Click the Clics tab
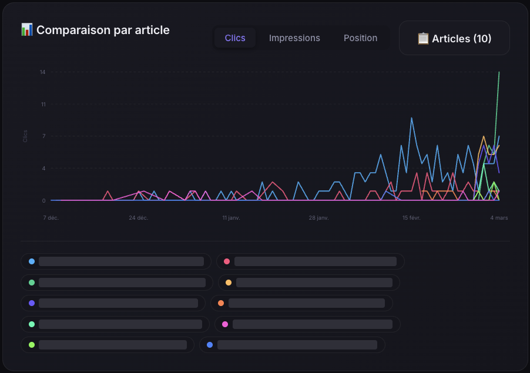pyautogui.click(x=235, y=38)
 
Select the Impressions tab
pyautogui.click(x=294, y=38)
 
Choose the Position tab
pyautogui.click(x=360, y=38)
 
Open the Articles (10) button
pyautogui.click(x=454, y=39)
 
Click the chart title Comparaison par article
pyautogui.click(x=103, y=30)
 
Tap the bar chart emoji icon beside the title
pyautogui.click(x=26, y=29)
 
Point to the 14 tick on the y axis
pyautogui.click(x=43, y=72)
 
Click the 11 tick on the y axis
pyautogui.click(x=43, y=105)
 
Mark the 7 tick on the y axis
pyautogui.click(x=43, y=136)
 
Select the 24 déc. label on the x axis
pyautogui.click(x=138, y=218)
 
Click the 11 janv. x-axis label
pyautogui.click(x=231, y=218)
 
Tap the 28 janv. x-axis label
pyautogui.click(x=318, y=218)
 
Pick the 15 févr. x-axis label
pyautogui.click(x=411, y=218)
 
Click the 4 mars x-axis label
pyautogui.click(x=499, y=218)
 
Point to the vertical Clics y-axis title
pyautogui.click(x=25, y=136)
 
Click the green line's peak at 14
pyautogui.click(x=499, y=72)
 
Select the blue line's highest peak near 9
pyautogui.click(x=411, y=118)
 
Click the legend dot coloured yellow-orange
pyautogui.click(x=229, y=283)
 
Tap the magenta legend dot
pyautogui.click(x=225, y=324)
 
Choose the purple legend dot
pyautogui.click(x=32, y=303)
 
